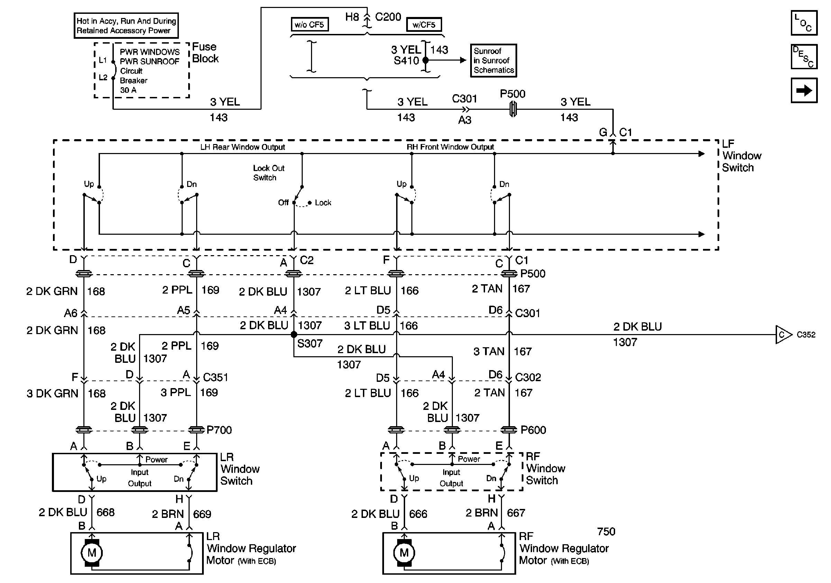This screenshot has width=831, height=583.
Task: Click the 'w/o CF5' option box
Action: pos(309,25)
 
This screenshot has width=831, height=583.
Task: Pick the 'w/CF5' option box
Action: pos(423,25)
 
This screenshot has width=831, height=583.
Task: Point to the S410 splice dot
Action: pos(426,60)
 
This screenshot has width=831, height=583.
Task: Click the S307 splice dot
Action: pos(294,334)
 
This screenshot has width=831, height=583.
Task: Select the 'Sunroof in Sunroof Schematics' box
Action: pos(493,61)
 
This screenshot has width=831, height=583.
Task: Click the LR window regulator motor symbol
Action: pos(92,553)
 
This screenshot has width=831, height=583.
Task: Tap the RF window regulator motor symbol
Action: pos(404,553)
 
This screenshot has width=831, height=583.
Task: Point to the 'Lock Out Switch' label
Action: pos(268,173)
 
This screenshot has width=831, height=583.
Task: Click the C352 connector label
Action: pos(806,334)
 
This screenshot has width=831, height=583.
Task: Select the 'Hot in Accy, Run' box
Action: pos(126,26)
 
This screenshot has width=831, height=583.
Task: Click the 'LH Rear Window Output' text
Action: pos(243,147)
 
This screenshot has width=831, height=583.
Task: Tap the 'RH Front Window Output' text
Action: pos(450,147)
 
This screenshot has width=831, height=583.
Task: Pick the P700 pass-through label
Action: pos(219,430)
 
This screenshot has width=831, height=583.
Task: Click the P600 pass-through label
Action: pos(533,430)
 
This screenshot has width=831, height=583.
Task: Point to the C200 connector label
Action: pos(388,17)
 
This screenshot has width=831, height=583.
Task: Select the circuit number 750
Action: pos(606,531)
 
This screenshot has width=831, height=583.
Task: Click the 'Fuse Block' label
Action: pos(205,53)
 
